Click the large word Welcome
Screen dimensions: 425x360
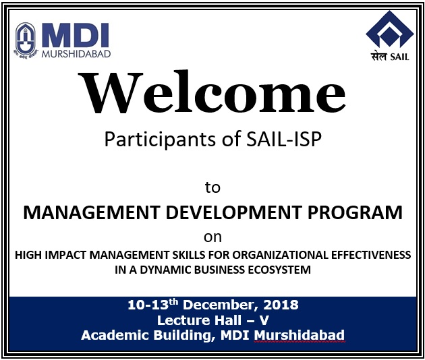[x=211, y=92]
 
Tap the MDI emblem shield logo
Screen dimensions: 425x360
[x=26, y=40]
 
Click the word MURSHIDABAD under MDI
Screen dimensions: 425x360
[x=76, y=54]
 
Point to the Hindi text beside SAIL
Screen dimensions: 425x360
[x=378, y=57]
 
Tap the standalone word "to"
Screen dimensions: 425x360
[x=213, y=187]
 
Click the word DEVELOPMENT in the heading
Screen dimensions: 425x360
[x=233, y=212]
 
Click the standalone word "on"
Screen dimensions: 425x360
[x=213, y=237]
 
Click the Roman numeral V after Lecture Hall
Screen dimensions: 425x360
[x=264, y=320]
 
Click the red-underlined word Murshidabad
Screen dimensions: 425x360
[x=300, y=335]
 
